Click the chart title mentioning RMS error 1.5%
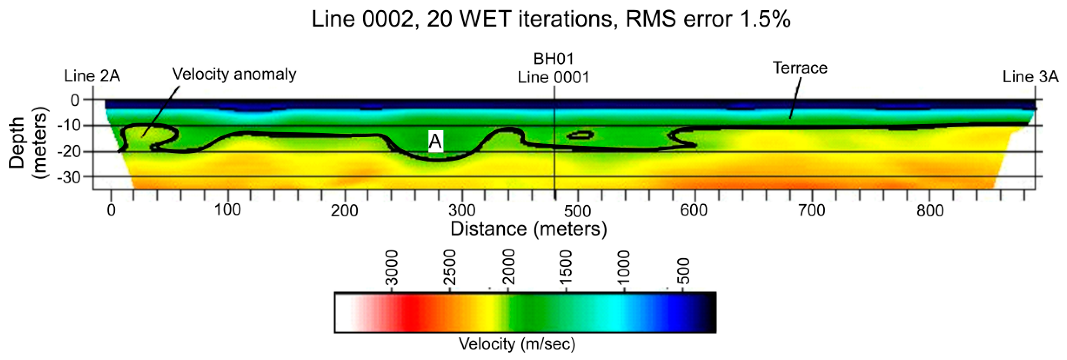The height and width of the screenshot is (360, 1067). [551, 19]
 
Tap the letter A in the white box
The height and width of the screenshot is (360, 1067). [435, 142]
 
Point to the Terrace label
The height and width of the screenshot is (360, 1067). [800, 68]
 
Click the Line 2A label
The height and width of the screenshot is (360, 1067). [92, 76]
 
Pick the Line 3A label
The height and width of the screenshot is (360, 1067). [1030, 77]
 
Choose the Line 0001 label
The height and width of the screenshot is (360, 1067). [553, 78]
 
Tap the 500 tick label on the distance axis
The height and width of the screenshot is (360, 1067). [578, 211]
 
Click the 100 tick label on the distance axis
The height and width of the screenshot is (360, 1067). [228, 210]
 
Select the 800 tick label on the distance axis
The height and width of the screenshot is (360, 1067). [930, 211]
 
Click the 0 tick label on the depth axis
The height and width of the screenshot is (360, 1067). [75, 100]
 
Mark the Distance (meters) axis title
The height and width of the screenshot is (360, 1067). [528, 229]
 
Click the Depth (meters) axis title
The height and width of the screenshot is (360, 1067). [28, 143]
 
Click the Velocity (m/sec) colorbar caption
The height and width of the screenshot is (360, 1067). [517, 344]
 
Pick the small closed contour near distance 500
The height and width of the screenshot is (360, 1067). [580, 135]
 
